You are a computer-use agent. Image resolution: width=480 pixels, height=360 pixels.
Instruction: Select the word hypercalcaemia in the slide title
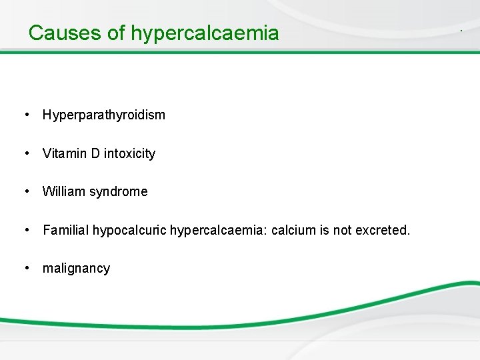click(205, 33)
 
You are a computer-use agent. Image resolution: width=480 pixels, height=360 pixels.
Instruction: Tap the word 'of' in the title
click(117, 33)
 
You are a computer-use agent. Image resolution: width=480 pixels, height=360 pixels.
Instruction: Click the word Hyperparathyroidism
click(103, 115)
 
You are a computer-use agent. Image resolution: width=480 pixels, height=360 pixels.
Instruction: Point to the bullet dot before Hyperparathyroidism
click(26, 115)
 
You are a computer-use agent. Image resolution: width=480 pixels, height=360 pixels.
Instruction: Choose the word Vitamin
click(64, 153)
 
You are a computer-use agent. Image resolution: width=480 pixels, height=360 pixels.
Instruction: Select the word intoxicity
click(130, 153)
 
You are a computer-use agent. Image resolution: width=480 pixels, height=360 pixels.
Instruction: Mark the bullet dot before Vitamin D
click(26, 153)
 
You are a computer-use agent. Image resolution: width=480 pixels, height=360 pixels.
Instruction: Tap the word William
click(63, 192)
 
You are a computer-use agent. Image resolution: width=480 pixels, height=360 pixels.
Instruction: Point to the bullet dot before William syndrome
click(26, 192)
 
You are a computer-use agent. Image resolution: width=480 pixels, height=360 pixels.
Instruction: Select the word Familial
click(65, 231)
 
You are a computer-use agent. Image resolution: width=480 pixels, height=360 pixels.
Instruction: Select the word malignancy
click(76, 269)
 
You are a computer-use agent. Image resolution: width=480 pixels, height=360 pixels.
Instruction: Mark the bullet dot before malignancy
click(26, 268)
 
